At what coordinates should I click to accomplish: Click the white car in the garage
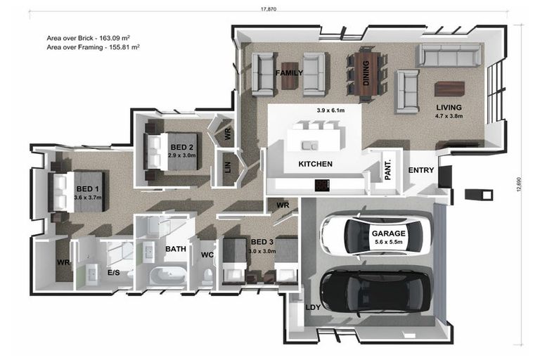click(x=375, y=233)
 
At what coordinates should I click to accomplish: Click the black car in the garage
click(x=375, y=292)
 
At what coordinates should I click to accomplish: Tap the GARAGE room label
click(x=388, y=233)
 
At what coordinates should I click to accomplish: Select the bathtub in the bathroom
click(x=168, y=276)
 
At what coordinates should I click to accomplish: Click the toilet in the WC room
click(x=207, y=276)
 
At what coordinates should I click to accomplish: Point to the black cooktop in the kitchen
click(x=322, y=186)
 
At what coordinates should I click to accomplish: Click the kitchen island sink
click(x=309, y=146)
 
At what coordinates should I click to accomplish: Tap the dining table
click(x=366, y=73)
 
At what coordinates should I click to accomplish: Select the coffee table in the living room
click(x=450, y=89)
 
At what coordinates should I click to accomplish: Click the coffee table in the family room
click(x=290, y=75)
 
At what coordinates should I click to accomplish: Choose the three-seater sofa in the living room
click(x=450, y=55)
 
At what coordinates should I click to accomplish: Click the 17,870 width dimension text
click(x=269, y=9)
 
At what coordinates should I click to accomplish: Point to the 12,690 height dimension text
click(x=520, y=184)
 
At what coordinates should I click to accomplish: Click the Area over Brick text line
click(x=88, y=38)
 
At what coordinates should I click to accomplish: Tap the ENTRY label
click(x=421, y=170)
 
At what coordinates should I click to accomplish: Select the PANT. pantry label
click(x=387, y=169)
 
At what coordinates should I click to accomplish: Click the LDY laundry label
click(x=313, y=307)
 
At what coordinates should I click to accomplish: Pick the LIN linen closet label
click(x=228, y=168)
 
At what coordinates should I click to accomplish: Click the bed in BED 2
click(x=171, y=151)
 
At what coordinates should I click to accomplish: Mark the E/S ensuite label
click(x=114, y=273)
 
